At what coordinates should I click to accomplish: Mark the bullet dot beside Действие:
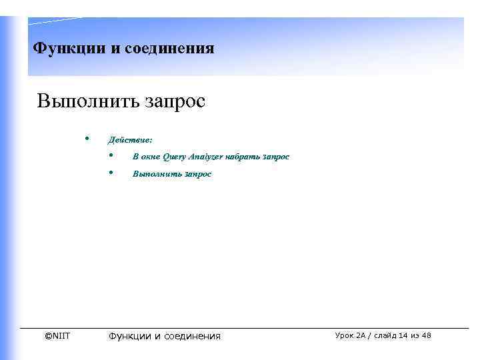pyautogui.click(x=87, y=139)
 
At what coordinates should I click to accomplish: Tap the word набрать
pyautogui.click(x=243, y=157)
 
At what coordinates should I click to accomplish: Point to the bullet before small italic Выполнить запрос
pyautogui.click(x=111, y=173)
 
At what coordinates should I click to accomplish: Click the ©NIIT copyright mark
pyautogui.click(x=57, y=335)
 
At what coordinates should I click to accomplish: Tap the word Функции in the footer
pyautogui.click(x=130, y=336)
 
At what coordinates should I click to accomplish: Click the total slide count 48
pyautogui.click(x=426, y=335)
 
